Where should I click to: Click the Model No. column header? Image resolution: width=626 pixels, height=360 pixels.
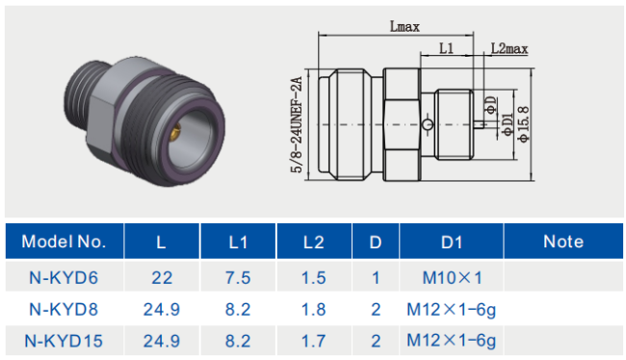point(64,242)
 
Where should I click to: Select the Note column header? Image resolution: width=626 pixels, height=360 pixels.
point(563,242)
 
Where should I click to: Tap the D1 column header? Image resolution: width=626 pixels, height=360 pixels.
point(452,243)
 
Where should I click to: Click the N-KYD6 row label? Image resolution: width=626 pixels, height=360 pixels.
point(64,278)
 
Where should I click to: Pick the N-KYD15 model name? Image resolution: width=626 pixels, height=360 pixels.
point(64,341)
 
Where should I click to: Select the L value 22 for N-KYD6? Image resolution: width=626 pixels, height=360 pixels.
point(162,278)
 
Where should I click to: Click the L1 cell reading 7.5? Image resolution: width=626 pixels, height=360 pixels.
point(238,278)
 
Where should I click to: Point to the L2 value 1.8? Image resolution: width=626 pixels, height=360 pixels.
point(314,309)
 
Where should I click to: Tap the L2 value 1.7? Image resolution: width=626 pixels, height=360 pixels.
point(314,341)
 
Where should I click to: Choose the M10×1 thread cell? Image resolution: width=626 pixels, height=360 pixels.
point(452,278)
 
